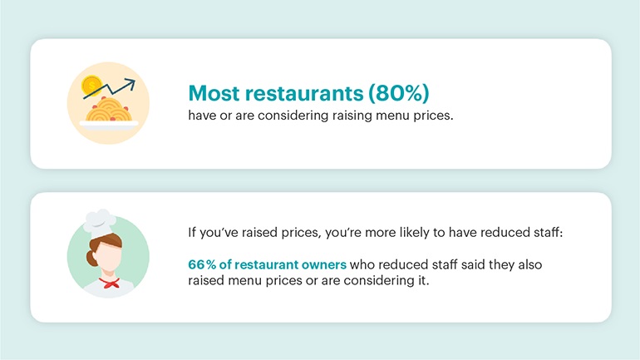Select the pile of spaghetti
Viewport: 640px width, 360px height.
(x=108, y=110)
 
